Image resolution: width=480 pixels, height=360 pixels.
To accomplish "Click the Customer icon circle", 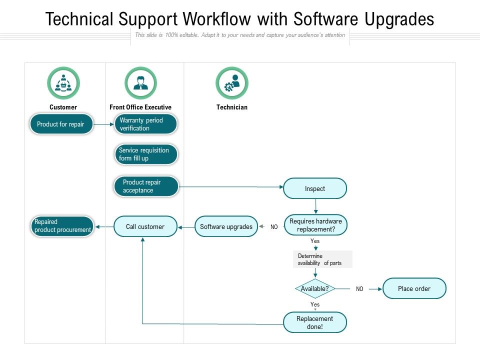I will click(63, 83).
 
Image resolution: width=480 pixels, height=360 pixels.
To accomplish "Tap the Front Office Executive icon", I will click(140, 83).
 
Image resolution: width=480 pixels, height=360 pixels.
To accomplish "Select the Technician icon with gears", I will click(231, 83).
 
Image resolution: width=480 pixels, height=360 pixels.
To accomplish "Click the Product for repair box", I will click(61, 124).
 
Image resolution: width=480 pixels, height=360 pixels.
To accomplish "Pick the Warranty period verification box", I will click(146, 124).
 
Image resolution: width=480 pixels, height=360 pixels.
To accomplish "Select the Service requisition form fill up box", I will click(146, 154).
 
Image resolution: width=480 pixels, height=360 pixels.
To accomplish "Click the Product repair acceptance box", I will click(146, 186).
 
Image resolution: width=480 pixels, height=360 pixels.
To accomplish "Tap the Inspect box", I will click(315, 188).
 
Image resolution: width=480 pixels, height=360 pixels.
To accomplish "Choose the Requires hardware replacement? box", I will click(315, 225).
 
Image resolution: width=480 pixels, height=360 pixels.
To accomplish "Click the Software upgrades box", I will click(226, 226).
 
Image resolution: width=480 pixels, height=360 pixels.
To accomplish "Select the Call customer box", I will click(145, 226).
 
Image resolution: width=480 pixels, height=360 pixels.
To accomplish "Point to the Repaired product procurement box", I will click(62, 226).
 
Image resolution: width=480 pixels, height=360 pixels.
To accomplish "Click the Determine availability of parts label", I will click(322, 259).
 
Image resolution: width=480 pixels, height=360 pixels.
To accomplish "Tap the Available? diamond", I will click(314, 288).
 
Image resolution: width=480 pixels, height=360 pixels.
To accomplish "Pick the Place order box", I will click(414, 288).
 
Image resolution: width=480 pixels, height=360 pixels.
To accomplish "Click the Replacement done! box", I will click(314, 322).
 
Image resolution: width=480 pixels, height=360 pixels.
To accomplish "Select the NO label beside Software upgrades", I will click(274, 227).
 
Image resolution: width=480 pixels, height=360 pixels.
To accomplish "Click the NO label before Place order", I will click(359, 289).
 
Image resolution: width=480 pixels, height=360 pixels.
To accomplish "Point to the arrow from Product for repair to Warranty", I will click(103, 124).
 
